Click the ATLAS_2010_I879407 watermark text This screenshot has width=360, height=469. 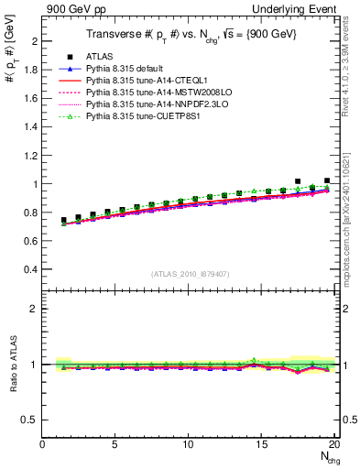[190, 273]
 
